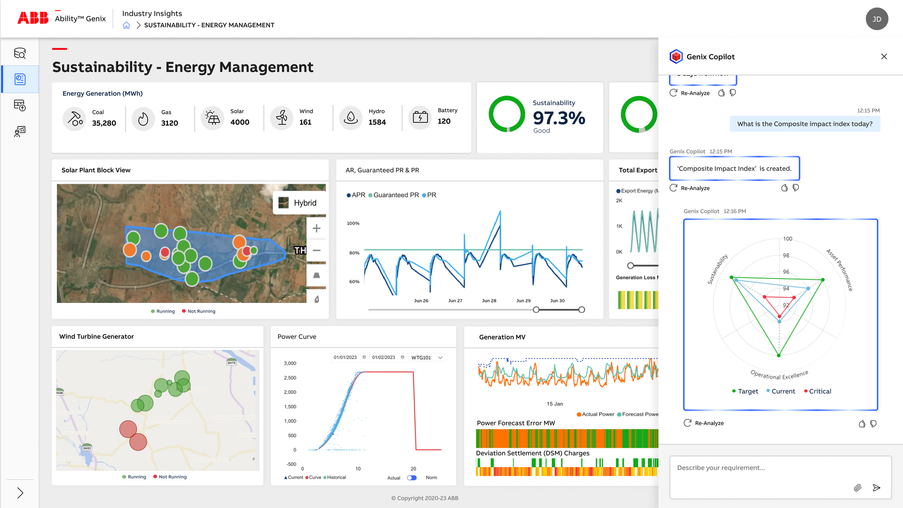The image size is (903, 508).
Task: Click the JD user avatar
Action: coord(877,19)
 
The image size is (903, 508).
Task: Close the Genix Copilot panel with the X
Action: coord(884,56)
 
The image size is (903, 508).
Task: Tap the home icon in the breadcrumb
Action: coord(126,25)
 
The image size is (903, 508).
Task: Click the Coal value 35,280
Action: coord(104,123)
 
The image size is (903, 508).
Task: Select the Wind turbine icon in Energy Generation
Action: coord(282,118)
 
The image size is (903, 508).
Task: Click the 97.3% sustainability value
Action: coord(559,118)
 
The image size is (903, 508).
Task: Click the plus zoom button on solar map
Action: coord(317,229)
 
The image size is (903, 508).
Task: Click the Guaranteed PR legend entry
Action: coord(394,195)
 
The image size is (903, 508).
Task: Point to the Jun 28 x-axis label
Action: coord(489,301)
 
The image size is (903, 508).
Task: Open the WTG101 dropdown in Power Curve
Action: coord(427,358)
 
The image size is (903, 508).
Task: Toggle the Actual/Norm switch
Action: coord(412,478)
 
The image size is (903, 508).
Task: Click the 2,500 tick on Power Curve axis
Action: coord(290,378)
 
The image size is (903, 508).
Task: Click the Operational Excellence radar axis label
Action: coord(779,375)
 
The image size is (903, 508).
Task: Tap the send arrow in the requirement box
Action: coord(876,488)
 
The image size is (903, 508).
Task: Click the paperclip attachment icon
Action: coord(857,488)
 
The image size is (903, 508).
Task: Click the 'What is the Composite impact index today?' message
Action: coord(805,124)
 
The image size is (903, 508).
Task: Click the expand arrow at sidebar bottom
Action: coord(20,493)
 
